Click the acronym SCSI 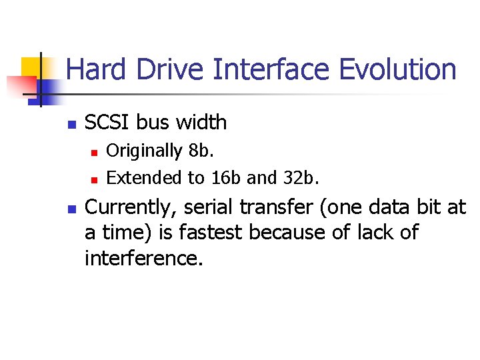108,123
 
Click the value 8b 201,151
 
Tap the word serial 210,208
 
